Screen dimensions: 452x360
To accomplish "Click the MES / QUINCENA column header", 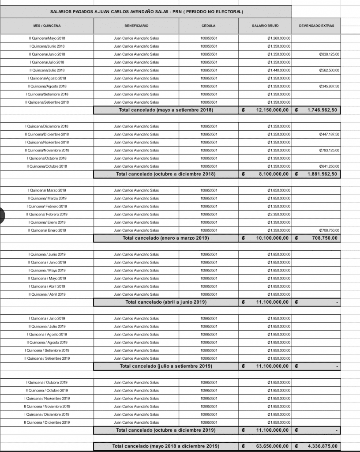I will coord(47,26).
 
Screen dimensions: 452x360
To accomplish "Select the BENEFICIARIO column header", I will coord(136,26).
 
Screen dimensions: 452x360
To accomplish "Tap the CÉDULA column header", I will coord(209,26).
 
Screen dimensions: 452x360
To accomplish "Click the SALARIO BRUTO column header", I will coord(265,26).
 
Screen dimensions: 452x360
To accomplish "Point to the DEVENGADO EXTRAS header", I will coord(316,26).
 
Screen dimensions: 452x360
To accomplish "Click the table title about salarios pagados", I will coord(146,11).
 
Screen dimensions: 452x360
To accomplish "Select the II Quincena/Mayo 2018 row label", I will coord(47,38).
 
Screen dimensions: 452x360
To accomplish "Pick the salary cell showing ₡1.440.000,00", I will coord(279,70).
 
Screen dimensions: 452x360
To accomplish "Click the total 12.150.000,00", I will coord(272,110).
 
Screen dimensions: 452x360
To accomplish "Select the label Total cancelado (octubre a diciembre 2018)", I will coord(165,174).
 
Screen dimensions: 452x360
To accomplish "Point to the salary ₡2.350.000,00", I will coord(279,214).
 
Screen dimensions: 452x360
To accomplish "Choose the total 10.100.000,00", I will coord(272,238).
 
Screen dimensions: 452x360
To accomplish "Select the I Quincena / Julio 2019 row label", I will coord(47,318).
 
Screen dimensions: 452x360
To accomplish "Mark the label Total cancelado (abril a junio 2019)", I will coord(166,302).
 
